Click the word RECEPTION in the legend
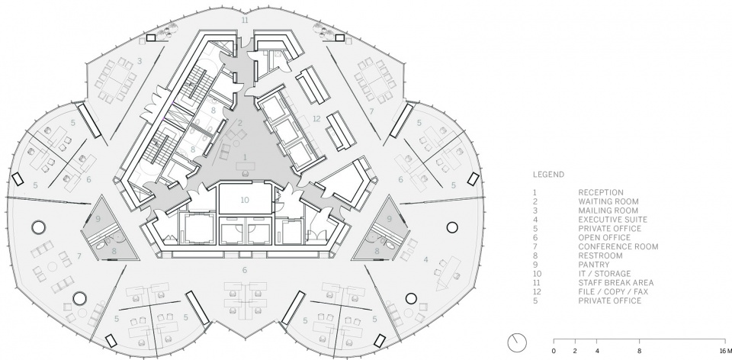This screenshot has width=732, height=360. (600, 192)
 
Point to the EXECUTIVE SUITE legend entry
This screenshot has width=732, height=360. (612, 220)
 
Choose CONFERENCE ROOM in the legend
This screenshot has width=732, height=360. (618, 246)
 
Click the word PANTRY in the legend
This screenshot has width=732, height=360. (593, 265)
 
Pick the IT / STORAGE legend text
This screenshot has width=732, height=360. (605, 274)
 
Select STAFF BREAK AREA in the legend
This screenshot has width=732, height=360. (616, 282)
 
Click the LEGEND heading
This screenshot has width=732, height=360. (548, 175)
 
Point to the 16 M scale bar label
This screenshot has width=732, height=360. (724, 351)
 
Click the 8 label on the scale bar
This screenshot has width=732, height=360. (639, 351)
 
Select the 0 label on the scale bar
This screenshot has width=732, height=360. (554, 351)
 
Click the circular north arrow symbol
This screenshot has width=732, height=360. (517, 342)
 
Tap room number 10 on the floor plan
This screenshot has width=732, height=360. (245, 200)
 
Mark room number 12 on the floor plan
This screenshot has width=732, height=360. (317, 118)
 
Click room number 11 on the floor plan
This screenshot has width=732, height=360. (245, 20)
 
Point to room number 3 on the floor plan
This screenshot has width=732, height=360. (139, 60)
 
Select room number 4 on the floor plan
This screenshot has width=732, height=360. (425, 259)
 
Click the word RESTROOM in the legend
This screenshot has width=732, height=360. (600, 256)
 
